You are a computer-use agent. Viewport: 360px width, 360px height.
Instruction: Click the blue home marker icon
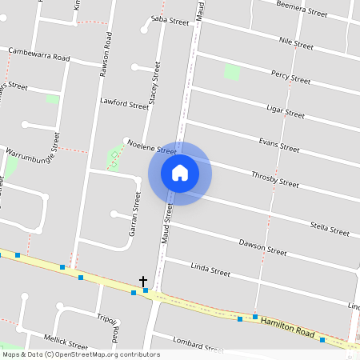pyautogui.click(x=180, y=174)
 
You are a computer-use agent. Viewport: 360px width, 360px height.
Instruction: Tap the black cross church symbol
pyautogui.click(x=143, y=282)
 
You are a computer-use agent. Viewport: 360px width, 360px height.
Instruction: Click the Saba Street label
pyautogui.click(x=170, y=21)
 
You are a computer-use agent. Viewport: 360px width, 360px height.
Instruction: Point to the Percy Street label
pyautogui.click(x=290, y=78)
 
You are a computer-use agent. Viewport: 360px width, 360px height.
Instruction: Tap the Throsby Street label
pyautogui.click(x=274, y=179)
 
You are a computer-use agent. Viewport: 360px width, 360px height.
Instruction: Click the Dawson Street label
pyautogui.click(x=262, y=247)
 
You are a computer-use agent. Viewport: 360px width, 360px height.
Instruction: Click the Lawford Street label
pyautogui.click(x=124, y=103)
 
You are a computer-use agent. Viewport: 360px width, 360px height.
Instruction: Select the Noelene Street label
pyautogui.click(x=152, y=150)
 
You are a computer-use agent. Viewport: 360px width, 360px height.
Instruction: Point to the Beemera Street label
pyautogui.click(x=302, y=9)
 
